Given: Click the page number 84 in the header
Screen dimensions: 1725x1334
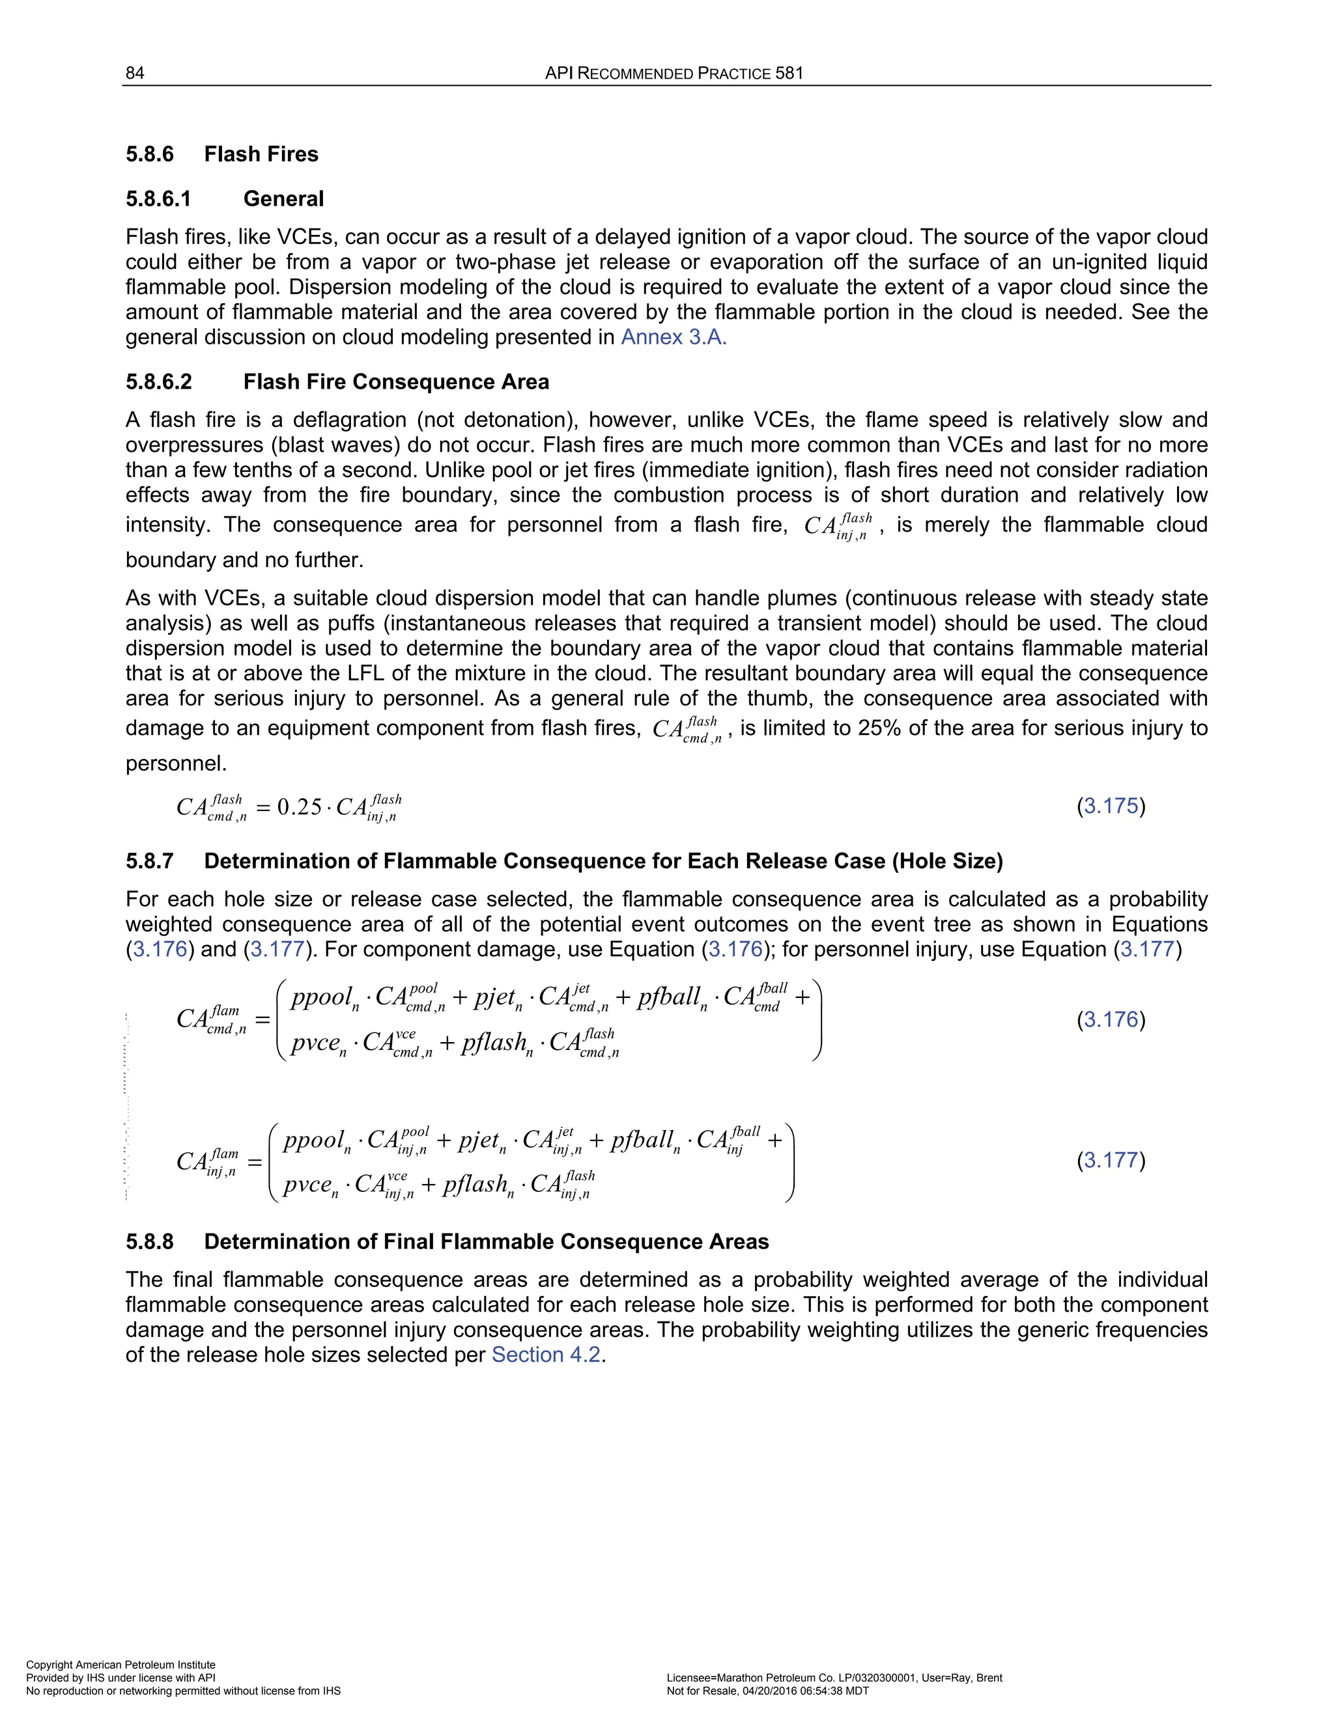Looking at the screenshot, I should pos(135,74).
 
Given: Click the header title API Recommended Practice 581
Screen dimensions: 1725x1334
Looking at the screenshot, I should pos(674,74).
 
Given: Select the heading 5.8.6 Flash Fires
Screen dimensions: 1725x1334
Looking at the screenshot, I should pos(222,154).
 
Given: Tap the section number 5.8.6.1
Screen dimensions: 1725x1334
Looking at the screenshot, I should pos(159,199).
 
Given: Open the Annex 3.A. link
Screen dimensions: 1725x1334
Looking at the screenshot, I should pos(674,337).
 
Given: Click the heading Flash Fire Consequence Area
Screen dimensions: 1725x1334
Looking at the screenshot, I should pos(396,382).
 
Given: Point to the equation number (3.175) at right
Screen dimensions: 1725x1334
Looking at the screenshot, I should pos(1111,807).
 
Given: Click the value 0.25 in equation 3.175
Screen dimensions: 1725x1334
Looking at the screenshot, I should pos(300,807).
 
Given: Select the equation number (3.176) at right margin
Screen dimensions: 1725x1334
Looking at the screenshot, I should pos(1111,1019).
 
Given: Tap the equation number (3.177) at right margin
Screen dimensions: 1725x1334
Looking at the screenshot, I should pos(1111,1160).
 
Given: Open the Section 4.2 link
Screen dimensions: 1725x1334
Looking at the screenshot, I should pos(546,1355).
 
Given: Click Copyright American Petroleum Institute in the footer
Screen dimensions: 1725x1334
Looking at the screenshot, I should pos(121,1664).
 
